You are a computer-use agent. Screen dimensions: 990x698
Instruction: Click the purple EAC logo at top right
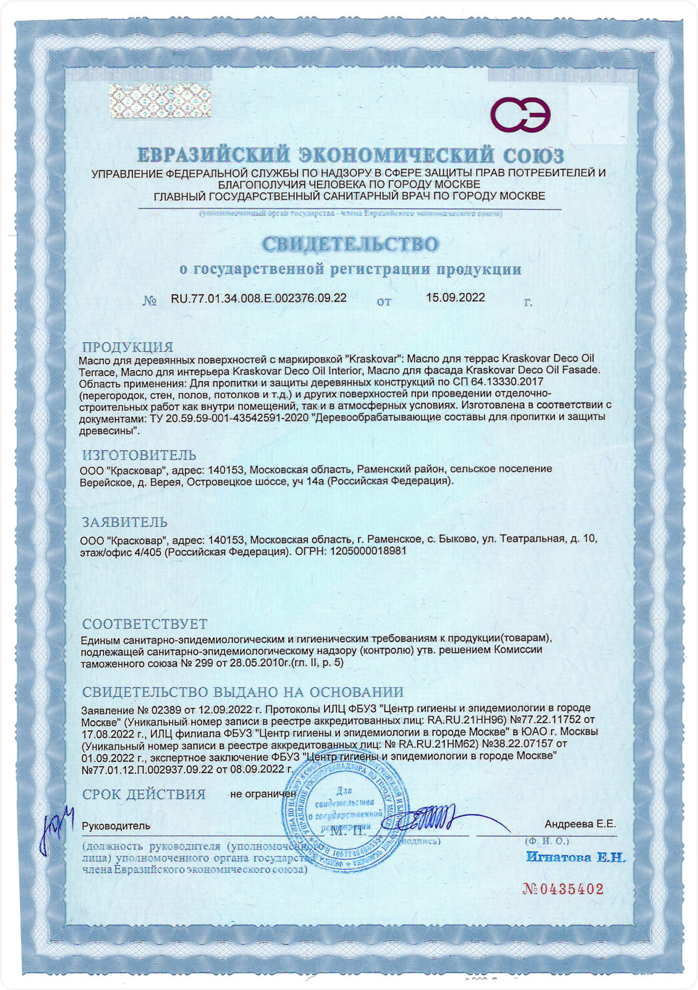(x=520, y=114)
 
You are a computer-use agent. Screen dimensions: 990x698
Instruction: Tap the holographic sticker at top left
(x=160, y=101)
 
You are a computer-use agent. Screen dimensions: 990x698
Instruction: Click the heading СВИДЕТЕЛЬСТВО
(x=350, y=244)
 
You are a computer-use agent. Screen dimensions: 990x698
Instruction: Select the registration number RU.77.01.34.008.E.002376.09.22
(x=259, y=298)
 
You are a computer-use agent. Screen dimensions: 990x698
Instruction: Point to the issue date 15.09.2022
(x=455, y=297)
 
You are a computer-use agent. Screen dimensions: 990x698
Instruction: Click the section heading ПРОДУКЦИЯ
(x=128, y=347)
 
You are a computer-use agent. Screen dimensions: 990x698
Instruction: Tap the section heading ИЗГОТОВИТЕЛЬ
(x=139, y=455)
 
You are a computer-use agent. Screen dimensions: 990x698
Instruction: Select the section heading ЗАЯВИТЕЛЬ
(x=125, y=522)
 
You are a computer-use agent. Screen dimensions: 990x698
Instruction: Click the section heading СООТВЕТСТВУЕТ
(x=144, y=624)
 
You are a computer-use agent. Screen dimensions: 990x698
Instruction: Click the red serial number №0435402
(x=563, y=889)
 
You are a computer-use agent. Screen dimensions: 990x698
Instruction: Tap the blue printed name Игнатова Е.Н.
(x=575, y=857)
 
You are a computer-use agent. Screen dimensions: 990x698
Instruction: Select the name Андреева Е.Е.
(x=580, y=824)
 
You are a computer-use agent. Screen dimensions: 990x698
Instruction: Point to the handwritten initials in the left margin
(x=57, y=827)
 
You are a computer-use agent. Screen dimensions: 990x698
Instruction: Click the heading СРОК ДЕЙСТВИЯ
(x=144, y=794)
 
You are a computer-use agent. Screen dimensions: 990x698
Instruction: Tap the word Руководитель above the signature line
(x=116, y=826)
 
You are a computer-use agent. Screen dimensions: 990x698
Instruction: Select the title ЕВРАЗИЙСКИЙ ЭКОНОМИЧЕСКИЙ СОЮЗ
(x=350, y=156)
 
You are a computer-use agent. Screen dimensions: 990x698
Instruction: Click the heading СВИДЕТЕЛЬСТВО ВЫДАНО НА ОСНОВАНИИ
(x=242, y=692)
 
